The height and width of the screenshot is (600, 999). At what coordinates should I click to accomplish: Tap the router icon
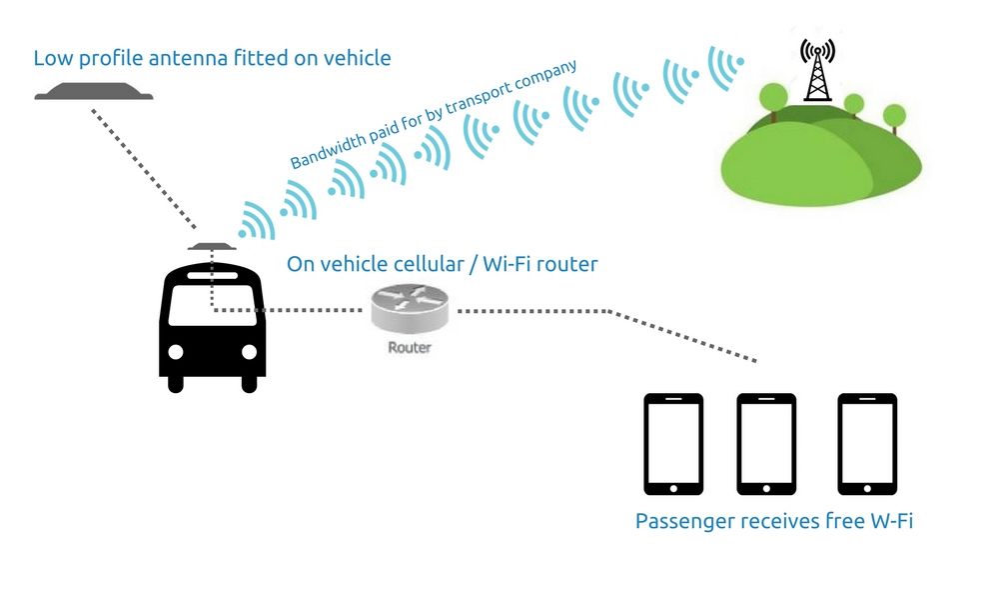coord(410,308)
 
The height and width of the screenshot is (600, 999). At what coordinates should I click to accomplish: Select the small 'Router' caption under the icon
coord(410,348)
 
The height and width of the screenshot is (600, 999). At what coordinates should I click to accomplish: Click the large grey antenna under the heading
coord(94,93)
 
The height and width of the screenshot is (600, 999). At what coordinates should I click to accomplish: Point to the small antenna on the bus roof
coord(212,246)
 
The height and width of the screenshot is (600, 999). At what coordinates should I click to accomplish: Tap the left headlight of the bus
coord(176,353)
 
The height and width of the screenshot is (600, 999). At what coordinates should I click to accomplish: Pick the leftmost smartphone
coord(673,443)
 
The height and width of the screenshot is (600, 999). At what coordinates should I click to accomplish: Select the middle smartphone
coord(766,443)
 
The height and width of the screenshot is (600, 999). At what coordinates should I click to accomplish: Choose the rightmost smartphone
coord(866,443)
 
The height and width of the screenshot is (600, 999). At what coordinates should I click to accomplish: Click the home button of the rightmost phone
coord(866,487)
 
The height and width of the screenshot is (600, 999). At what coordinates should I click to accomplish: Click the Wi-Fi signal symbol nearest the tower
coord(725,67)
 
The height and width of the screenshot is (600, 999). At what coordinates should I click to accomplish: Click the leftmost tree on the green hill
coord(774,98)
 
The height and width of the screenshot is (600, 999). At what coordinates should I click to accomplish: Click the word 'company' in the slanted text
coord(548,81)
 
